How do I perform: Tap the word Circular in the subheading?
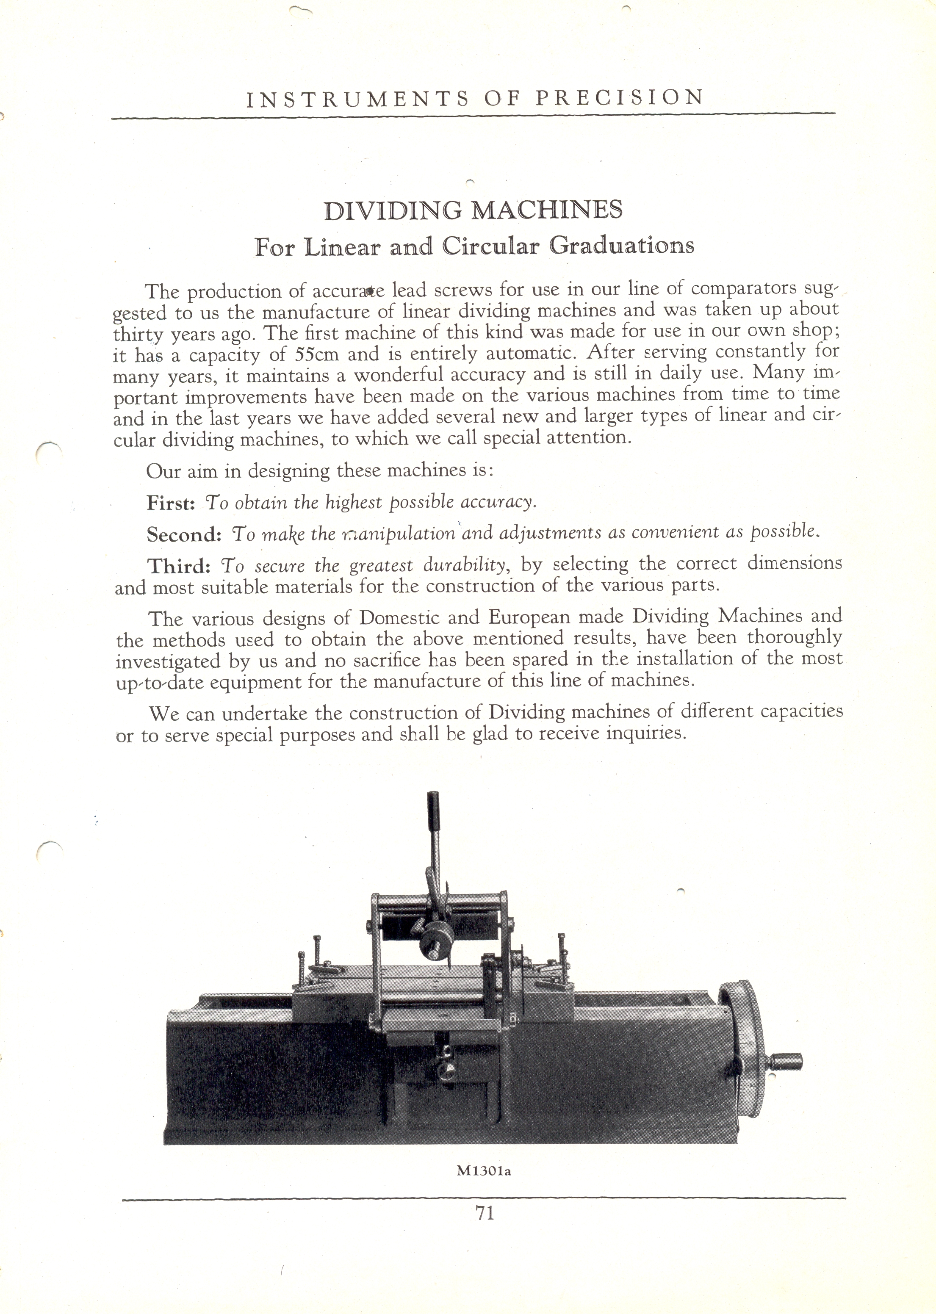click(x=490, y=246)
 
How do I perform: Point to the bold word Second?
click(x=184, y=535)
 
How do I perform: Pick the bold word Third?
click(x=179, y=567)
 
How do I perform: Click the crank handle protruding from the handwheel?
click(x=786, y=1059)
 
